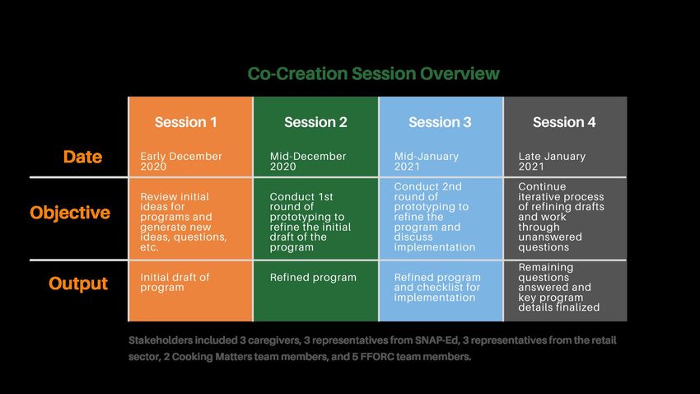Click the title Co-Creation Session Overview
click(373, 73)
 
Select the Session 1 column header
click(186, 122)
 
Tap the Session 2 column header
click(315, 122)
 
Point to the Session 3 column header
click(440, 122)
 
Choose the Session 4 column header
click(564, 122)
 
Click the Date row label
click(82, 157)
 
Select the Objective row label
click(70, 213)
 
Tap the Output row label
click(78, 284)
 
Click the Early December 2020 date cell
click(181, 162)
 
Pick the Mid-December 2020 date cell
click(308, 162)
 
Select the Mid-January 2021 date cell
click(427, 162)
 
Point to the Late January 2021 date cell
click(552, 162)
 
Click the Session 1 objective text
click(184, 222)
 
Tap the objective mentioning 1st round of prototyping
click(310, 222)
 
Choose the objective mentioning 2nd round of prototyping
click(434, 217)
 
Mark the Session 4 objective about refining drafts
click(561, 217)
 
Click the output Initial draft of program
click(175, 283)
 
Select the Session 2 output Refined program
click(313, 278)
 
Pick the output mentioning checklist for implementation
click(437, 287)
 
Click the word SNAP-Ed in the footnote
click(436, 340)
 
